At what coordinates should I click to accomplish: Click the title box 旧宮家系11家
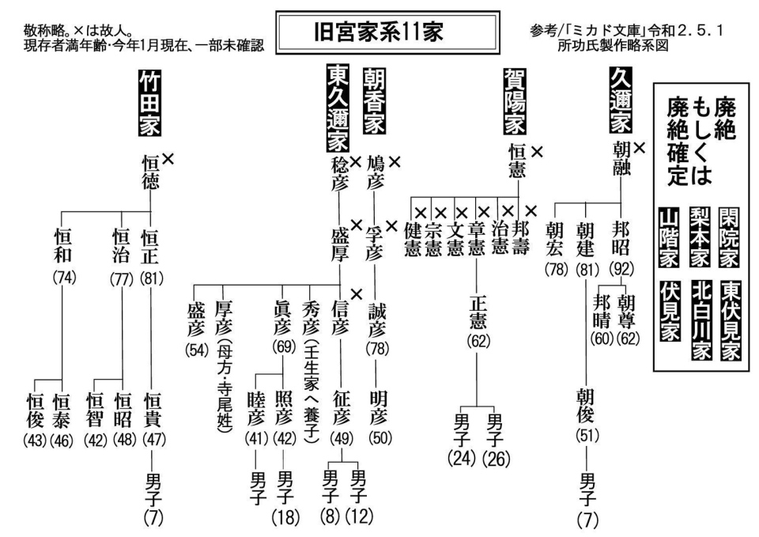tap(387, 33)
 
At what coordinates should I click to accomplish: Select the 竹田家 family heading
tap(150, 103)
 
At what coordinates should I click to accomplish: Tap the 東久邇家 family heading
tap(338, 108)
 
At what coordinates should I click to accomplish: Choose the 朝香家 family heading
tap(375, 100)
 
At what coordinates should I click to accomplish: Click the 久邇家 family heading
tap(621, 100)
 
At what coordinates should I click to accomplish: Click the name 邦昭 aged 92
tap(621, 239)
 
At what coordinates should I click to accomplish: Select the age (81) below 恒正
tap(152, 279)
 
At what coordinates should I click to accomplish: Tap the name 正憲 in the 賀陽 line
tap(478, 312)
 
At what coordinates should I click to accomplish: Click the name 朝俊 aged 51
tap(586, 405)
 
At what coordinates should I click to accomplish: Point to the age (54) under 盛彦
tap(197, 350)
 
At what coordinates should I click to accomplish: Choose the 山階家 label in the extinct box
tap(669, 237)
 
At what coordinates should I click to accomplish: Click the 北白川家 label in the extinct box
tap(701, 320)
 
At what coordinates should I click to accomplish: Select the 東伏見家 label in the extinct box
tap(730, 320)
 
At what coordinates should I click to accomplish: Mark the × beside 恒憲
tap(537, 152)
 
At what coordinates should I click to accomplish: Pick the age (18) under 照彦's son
tap(285, 518)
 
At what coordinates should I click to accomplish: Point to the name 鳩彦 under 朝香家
tap(375, 172)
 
